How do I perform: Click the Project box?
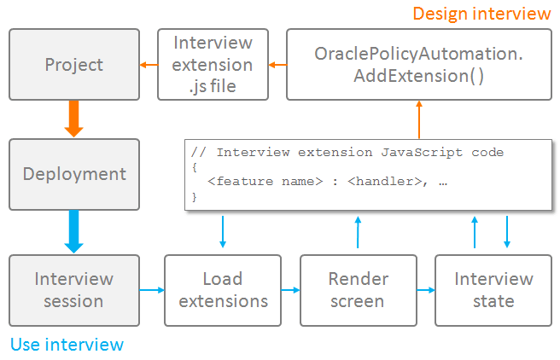coord(74,65)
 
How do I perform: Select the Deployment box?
coord(74,174)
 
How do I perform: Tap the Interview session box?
coord(74,289)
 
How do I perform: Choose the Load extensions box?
coord(223,289)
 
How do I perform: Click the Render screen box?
coord(359,289)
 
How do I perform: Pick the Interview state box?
coord(493,289)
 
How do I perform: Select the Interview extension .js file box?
coord(213,64)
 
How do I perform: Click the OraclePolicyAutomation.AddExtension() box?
coord(418,65)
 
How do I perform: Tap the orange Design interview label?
coord(481,14)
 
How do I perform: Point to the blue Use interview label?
coord(67,345)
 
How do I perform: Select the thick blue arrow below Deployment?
coord(74,232)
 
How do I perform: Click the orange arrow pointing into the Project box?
coord(149,65)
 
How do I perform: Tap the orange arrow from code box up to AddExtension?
coord(419,119)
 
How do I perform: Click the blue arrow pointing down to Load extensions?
coord(223,232)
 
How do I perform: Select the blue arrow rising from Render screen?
coord(359,232)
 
